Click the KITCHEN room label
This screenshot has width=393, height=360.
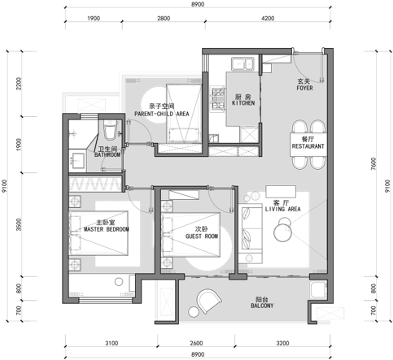click(243, 103)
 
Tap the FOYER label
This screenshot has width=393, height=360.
click(304, 88)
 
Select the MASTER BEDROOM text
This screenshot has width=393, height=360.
click(107, 229)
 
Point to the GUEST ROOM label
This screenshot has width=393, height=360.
click(202, 236)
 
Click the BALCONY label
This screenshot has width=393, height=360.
click(262, 306)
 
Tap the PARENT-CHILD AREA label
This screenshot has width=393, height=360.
click(162, 114)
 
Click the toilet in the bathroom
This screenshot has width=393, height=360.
click(110, 130)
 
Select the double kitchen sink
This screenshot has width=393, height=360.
click(242, 64)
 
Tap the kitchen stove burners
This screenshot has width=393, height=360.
click(218, 99)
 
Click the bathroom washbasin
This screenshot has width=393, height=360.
click(78, 161)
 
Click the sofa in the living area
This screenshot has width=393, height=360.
click(251, 234)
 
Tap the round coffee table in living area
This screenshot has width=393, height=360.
click(282, 232)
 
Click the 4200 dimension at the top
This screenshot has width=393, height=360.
click(268, 19)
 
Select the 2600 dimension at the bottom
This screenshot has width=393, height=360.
click(196, 343)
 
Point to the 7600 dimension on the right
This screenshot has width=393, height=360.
click(373, 163)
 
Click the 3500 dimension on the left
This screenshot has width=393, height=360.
click(19, 224)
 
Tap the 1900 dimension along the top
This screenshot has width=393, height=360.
click(94, 19)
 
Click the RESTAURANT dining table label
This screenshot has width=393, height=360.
click(308, 146)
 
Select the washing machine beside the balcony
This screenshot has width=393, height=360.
click(318, 290)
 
